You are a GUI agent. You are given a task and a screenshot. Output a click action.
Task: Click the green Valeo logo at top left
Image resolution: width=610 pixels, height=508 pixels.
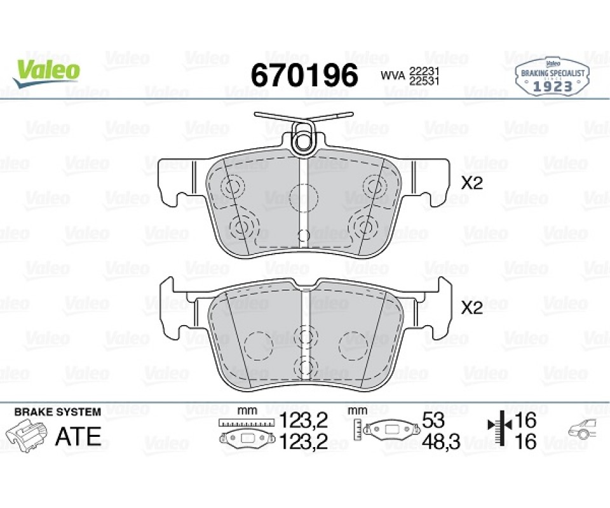46,72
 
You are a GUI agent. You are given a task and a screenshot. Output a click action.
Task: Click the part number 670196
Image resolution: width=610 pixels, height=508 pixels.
304,75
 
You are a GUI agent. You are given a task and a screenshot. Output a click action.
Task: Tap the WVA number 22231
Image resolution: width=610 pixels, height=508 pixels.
424,72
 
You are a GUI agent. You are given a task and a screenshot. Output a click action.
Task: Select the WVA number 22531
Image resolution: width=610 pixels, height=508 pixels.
424,81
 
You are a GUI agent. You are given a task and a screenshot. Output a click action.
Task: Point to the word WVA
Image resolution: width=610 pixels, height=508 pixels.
393,76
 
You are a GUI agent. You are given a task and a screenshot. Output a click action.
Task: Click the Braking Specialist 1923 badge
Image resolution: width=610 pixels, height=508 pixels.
552,77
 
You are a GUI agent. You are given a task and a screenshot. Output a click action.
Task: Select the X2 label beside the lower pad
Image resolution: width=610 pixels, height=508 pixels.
471,308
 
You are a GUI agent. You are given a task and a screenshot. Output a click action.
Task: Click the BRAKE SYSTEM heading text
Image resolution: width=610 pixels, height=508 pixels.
58,411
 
